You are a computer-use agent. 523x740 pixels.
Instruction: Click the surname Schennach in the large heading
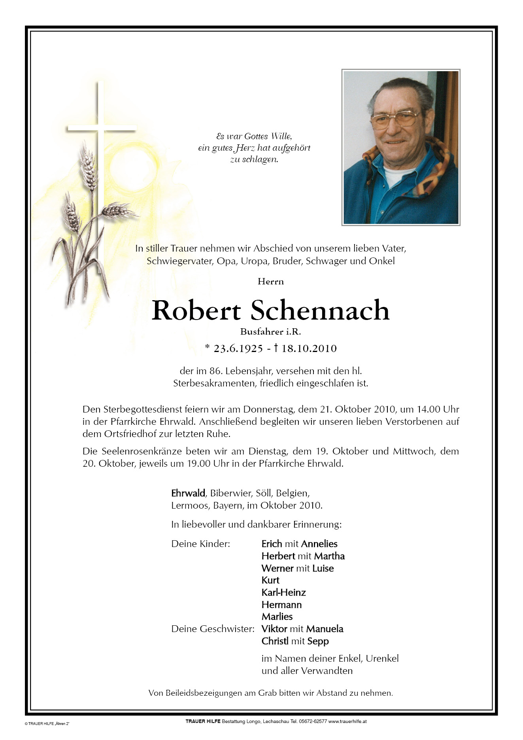pyautogui.click(x=320, y=311)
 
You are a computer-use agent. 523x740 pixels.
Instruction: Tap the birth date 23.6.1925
pyautogui.click(x=238, y=348)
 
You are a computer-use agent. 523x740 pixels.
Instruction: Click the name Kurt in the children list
pyautogui.click(x=270, y=580)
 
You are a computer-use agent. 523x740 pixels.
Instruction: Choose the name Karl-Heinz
pyautogui.click(x=283, y=592)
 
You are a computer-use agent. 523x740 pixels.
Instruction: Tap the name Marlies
pyautogui.click(x=277, y=617)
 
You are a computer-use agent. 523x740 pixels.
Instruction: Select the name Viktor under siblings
pyautogui.click(x=274, y=629)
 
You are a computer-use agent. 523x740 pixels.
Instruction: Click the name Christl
pyautogui.click(x=275, y=641)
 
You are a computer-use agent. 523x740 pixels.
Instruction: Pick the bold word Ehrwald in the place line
pyautogui.click(x=188, y=493)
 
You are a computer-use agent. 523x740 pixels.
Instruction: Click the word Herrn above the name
pyautogui.click(x=271, y=282)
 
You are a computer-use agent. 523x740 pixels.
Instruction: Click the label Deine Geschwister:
pyautogui.click(x=213, y=629)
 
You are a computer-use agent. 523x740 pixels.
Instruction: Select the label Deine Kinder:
pyautogui.click(x=200, y=544)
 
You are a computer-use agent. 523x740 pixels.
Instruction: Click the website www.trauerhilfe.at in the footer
pyautogui.click(x=347, y=721)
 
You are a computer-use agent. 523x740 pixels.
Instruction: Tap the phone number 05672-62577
pyautogui.click(x=313, y=721)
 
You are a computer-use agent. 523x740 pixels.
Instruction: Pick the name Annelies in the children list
pyautogui.click(x=319, y=544)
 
